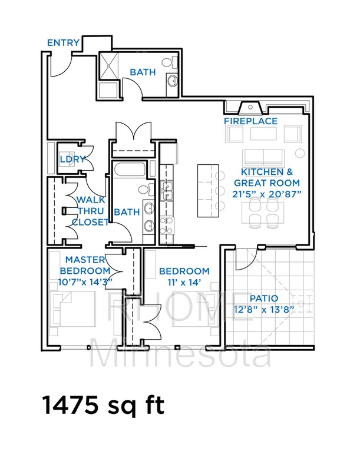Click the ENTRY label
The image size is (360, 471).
pyautogui.click(x=64, y=42)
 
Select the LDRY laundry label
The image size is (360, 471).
pyautogui.click(x=72, y=159)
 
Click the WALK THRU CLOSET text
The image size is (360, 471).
pyautogui.click(x=90, y=211)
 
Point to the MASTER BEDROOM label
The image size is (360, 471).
pyautogui.click(x=85, y=265)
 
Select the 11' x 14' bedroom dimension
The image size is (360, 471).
pyautogui.click(x=184, y=282)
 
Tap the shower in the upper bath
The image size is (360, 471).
pyautogui.click(x=110, y=66)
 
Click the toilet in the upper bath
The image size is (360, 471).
pyautogui.click(x=167, y=62)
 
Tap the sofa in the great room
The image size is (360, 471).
pyautogui.click(x=264, y=157)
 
